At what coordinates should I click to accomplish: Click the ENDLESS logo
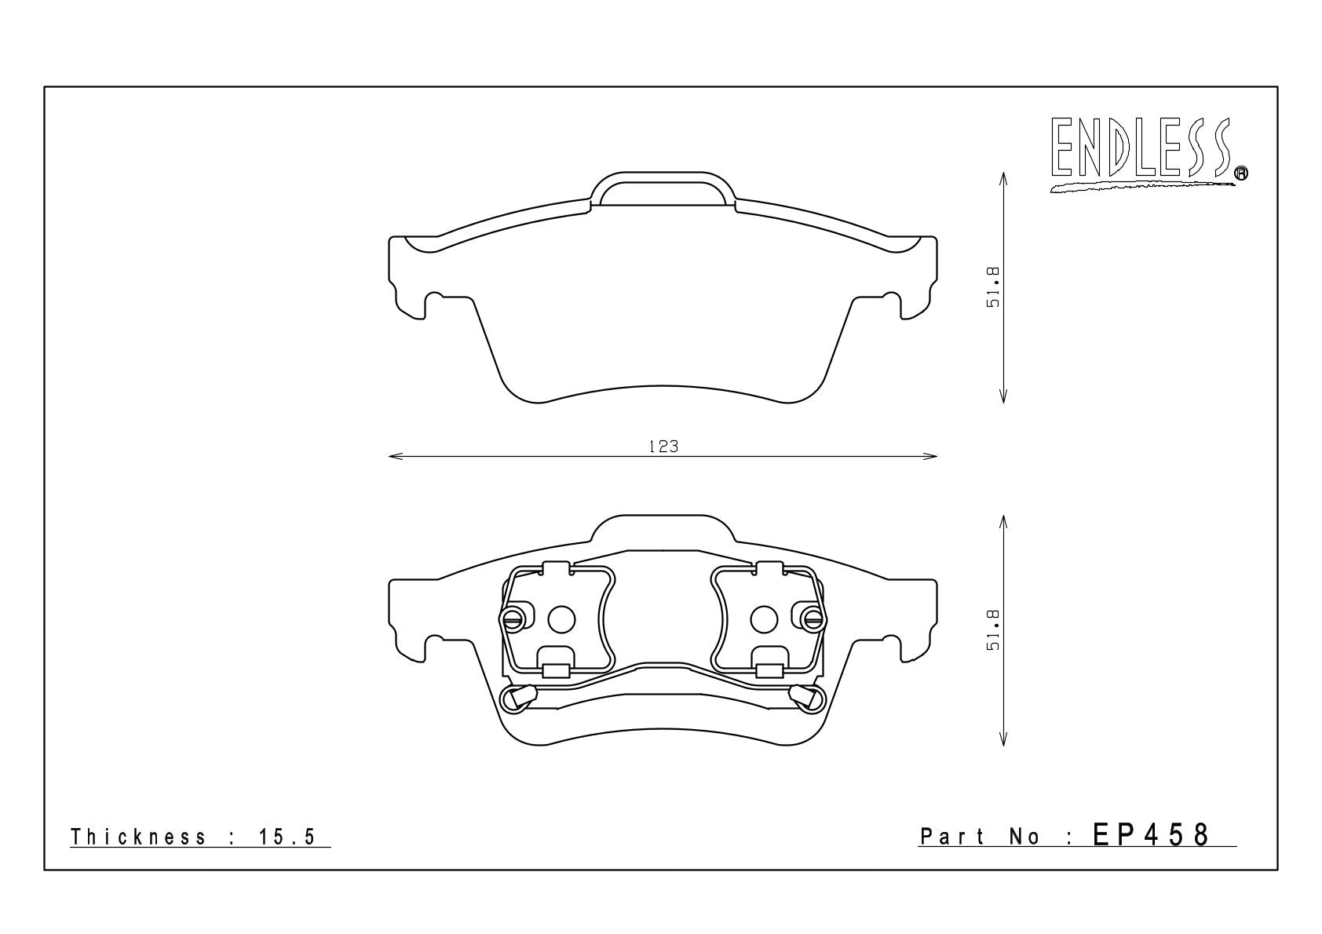pyautogui.click(x=1148, y=155)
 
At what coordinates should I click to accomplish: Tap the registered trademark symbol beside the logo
pyautogui.click(x=1241, y=173)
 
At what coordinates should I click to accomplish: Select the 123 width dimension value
pyautogui.click(x=663, y=447)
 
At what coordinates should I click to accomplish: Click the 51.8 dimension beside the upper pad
pyautogui.click(x=993, y=287)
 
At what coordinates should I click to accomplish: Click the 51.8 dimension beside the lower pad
pyautogui.click(x=993, y=630)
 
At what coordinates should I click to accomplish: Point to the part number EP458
pyautogui.click(x=1151, y=835)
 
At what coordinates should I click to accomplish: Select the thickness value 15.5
pyautogui.click(x=287, y=837)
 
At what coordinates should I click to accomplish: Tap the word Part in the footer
pyautogui.click(x=952, y=836)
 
